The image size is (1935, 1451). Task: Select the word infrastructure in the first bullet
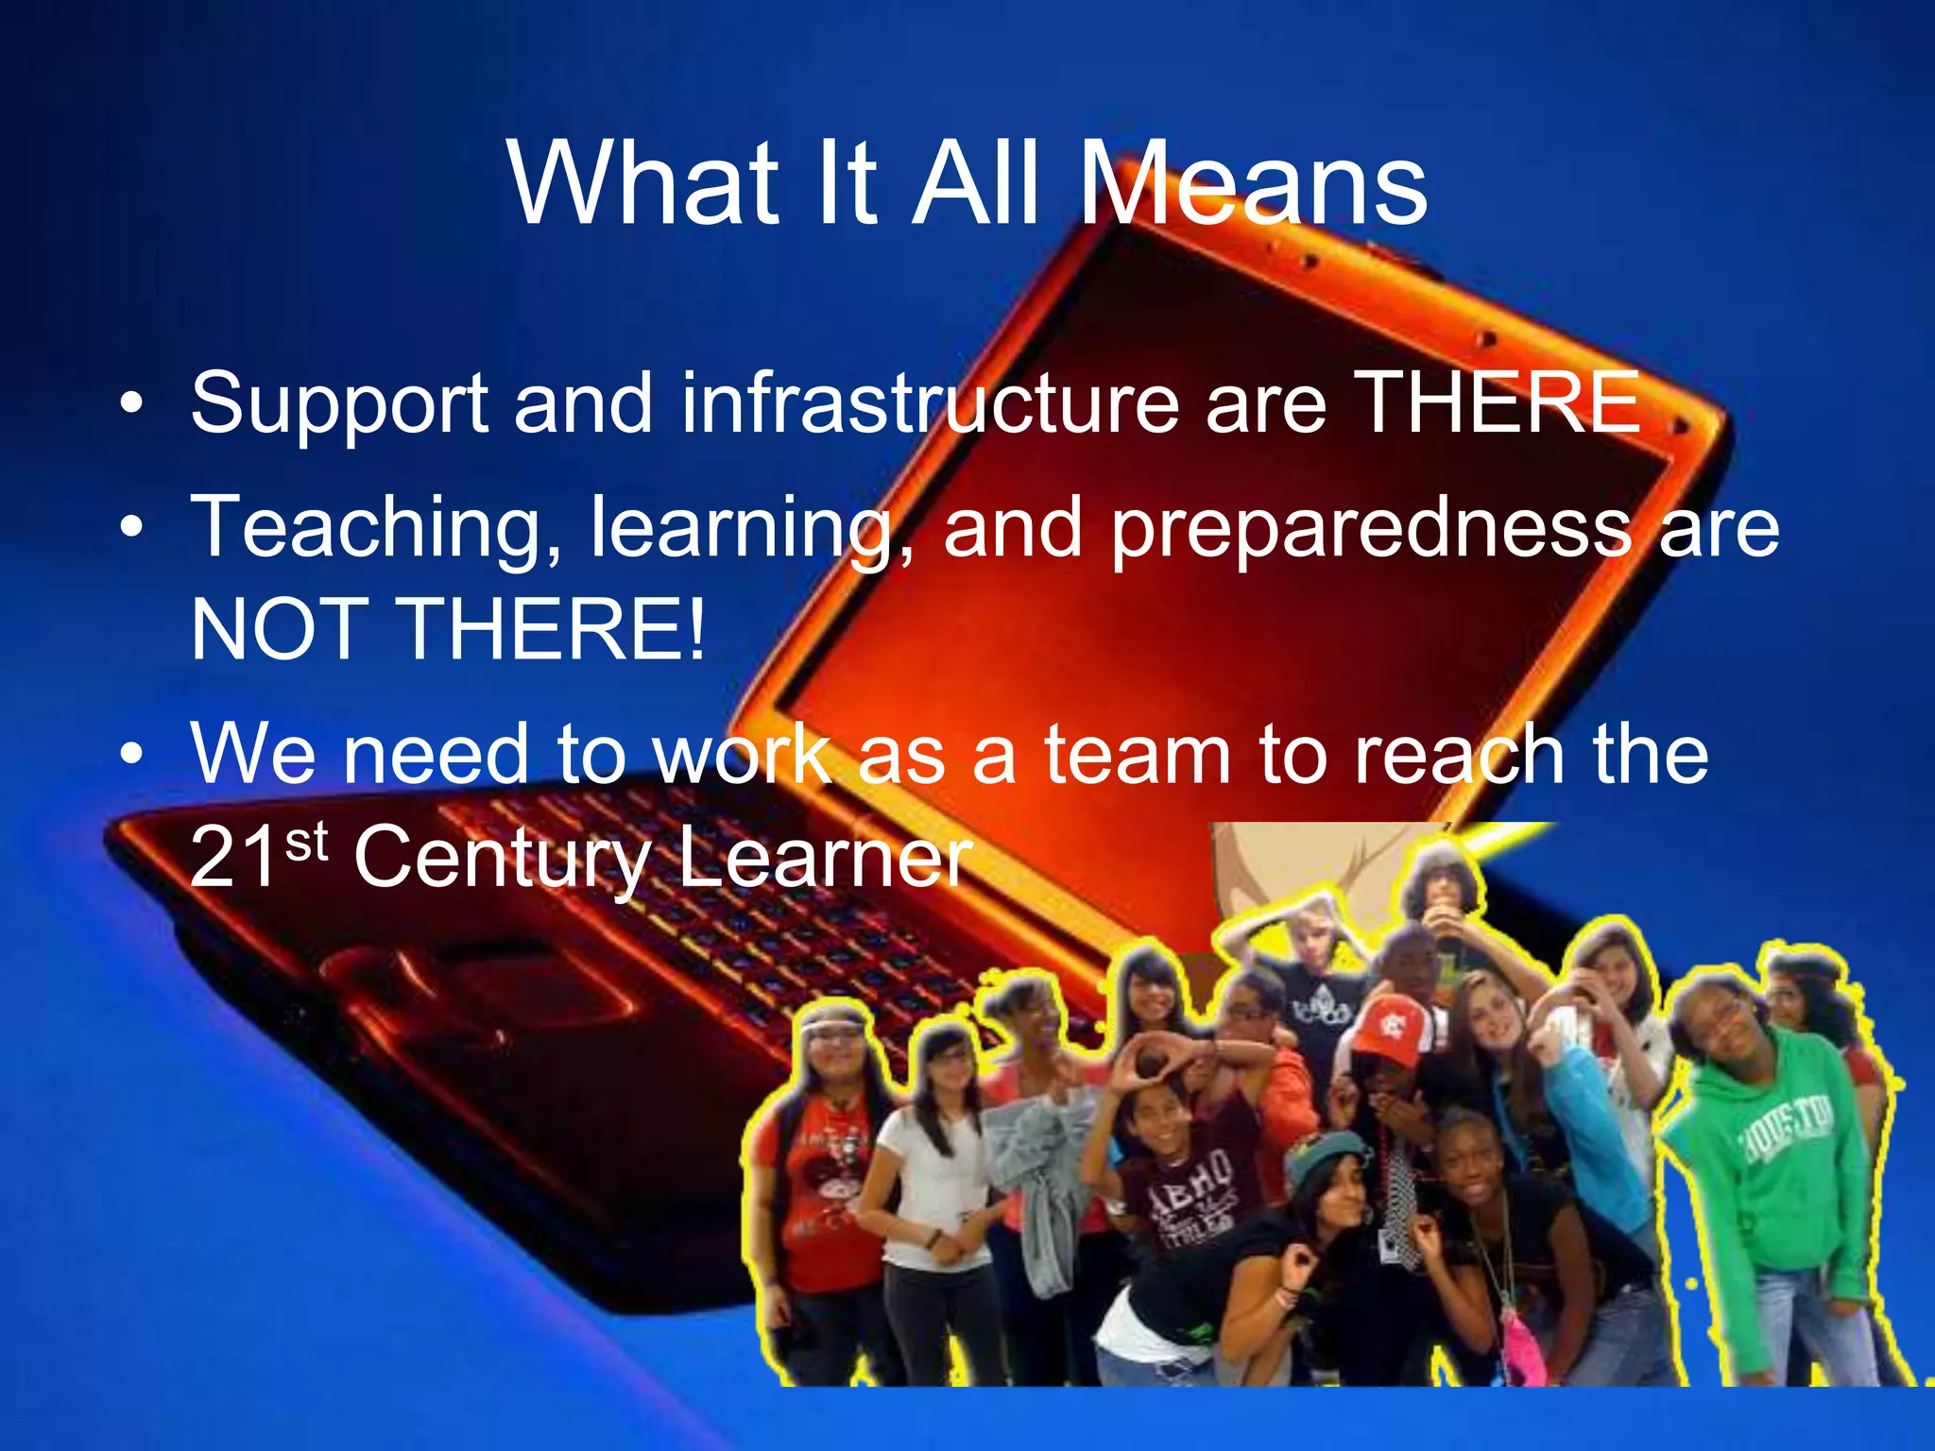930,404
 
